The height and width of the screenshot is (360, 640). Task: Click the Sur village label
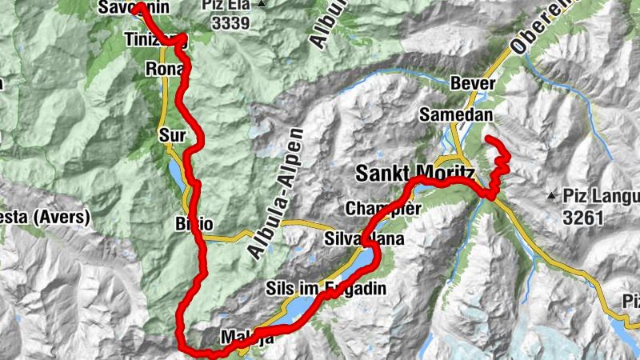(172, 133)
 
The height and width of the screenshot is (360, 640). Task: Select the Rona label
(166, 70)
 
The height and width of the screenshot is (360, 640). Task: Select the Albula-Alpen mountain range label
(277, 194)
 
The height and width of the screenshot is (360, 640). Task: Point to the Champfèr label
(383, 210)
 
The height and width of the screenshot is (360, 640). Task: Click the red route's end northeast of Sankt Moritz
(489, 140)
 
